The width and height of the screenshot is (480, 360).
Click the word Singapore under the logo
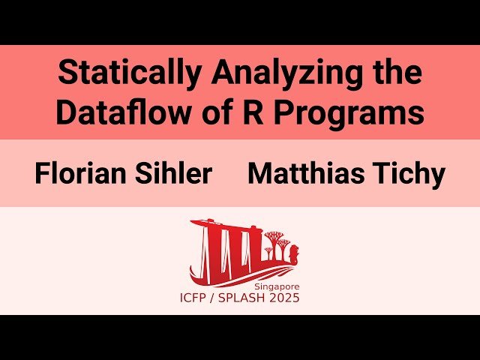277,287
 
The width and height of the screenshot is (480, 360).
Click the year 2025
286,298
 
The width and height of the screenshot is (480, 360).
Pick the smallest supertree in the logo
268,253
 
